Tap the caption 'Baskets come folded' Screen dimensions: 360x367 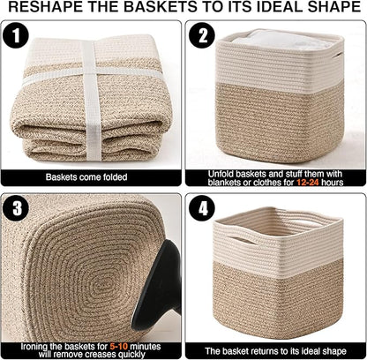(x=88, y=176)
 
